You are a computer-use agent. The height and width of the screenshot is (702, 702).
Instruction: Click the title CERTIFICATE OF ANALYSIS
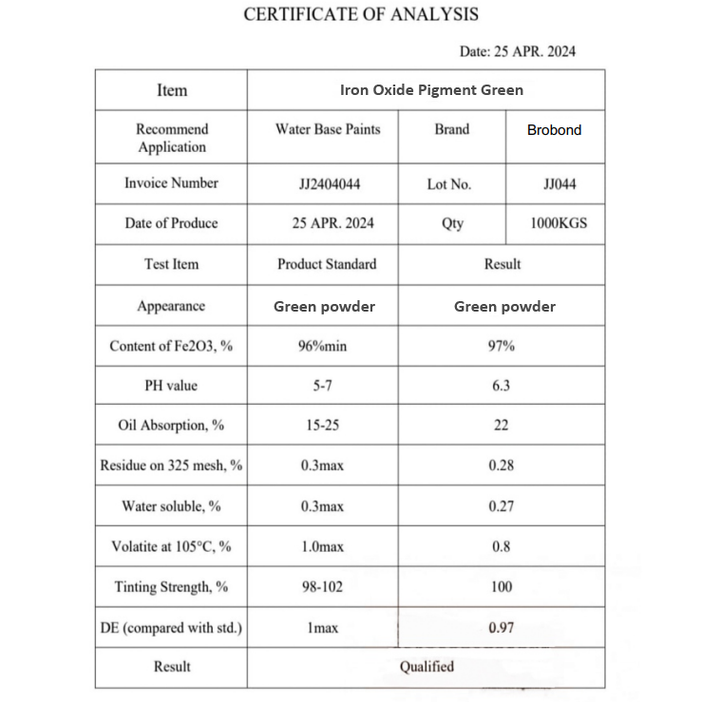coord(361,14)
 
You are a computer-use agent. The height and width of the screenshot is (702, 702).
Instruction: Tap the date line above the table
coord(517,51)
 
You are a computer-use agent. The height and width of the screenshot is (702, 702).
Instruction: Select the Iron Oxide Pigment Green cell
coord(431,90)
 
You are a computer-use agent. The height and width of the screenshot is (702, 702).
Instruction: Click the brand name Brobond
coord(554,130)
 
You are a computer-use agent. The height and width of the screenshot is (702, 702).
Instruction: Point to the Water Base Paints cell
coord(328,129)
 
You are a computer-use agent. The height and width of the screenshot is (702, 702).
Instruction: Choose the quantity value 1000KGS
coord(559,223)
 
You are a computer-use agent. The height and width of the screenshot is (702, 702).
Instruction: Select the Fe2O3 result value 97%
coord(501,346)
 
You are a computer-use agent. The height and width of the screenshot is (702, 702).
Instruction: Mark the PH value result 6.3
coord(501,386)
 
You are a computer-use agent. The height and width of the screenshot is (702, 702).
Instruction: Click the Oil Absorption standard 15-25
coord(323,426)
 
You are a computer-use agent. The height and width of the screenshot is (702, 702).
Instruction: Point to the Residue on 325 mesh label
coord(171,465)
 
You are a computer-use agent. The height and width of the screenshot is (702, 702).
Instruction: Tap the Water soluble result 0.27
coord(501,506)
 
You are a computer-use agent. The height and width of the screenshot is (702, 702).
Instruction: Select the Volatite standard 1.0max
coord(323,546)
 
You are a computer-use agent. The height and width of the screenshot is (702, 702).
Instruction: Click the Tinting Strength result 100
coord(501,587)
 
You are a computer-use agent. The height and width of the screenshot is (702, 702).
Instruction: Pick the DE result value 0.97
coord(501,628)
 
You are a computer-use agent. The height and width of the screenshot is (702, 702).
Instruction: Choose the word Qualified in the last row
coord(427,667)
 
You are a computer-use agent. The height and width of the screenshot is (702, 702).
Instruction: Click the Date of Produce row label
coord(171,223)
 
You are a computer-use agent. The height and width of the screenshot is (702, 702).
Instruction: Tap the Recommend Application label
coord(171,138)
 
